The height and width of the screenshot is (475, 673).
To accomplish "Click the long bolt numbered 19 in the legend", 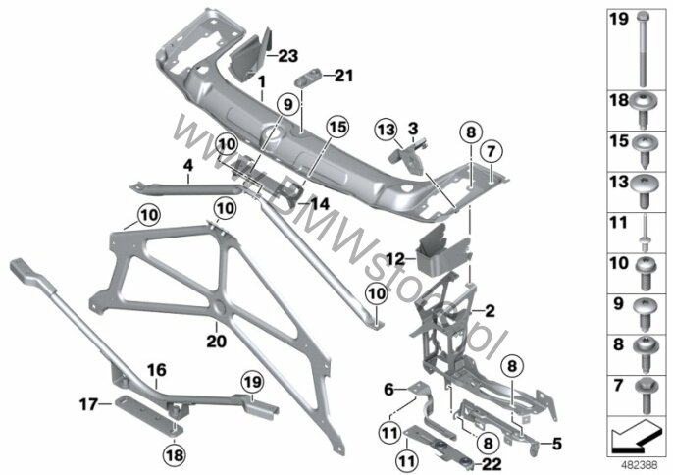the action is coord(643,50).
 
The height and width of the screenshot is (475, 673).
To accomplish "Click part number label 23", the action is coord(288,56).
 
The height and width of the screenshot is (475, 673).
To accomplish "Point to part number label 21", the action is coord(343,76).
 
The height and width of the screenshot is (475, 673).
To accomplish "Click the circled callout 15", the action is coord(337,128).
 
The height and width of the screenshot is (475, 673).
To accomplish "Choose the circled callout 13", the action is coord(386,130).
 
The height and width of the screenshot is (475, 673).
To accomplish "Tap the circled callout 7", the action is coord(491,151).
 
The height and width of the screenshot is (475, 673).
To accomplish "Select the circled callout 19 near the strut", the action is coord(253,382).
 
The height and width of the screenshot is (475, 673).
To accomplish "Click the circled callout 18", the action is coord(175,454).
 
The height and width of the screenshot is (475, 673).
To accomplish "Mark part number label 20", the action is coord(216,342).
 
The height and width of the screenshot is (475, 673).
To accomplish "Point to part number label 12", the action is coord(394,259).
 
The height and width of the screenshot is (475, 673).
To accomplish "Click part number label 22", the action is coord(492,464).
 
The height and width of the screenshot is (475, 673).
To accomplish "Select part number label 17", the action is coord(88,404).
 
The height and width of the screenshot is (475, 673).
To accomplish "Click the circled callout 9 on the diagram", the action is coord(287,104).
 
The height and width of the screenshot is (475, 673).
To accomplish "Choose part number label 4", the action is coord(187,165).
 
